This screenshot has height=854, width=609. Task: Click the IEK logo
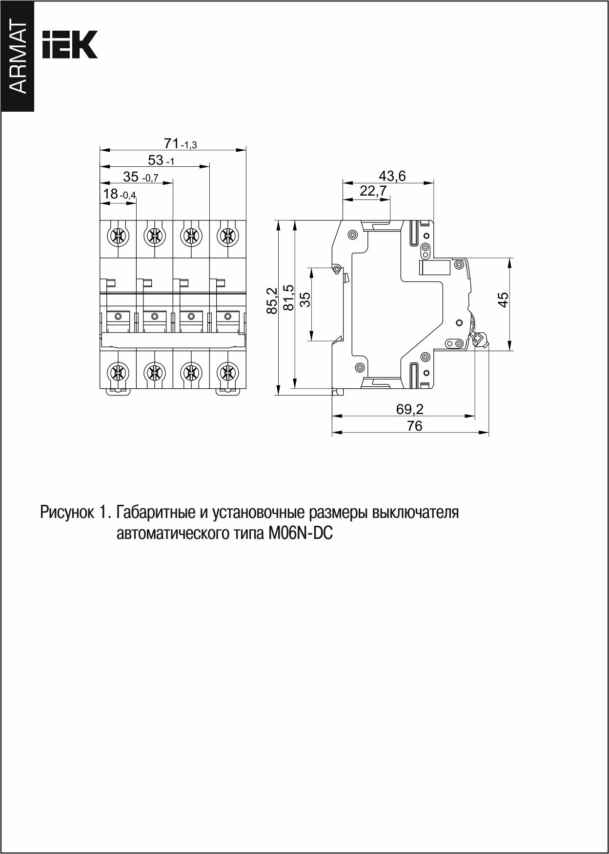(70, 45)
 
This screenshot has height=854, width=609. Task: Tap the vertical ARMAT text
(18, 58)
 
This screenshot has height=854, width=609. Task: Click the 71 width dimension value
(171, 143)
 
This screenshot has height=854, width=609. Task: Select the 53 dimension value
(156, 160)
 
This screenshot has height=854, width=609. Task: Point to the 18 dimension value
(111, 194)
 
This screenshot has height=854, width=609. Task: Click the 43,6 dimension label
(392, 176)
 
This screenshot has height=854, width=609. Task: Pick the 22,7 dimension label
(373, 191)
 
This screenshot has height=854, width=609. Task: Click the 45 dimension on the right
(503, 298)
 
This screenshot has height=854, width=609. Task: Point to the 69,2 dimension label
(410, 409)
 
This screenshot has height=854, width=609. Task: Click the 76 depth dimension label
(414, 425)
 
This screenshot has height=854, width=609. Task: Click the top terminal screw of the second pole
(154, 237)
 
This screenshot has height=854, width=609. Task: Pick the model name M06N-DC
(300, 534)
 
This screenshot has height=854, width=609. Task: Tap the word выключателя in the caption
(415, 513)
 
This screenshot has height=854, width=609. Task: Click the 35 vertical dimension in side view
(305, 299)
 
